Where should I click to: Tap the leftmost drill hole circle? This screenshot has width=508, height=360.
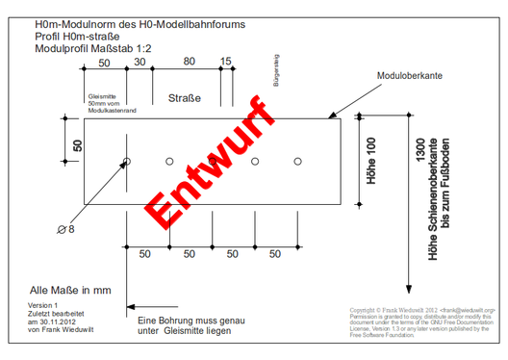127,161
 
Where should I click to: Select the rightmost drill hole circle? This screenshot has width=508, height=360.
298,161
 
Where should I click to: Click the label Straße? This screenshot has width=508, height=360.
184,99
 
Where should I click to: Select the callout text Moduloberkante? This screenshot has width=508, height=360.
410,74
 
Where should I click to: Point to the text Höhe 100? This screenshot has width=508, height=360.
371,160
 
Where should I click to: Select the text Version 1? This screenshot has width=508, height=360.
44,305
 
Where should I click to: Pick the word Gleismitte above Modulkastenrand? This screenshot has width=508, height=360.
101,97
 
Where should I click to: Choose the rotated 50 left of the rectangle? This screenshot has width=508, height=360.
79,145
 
